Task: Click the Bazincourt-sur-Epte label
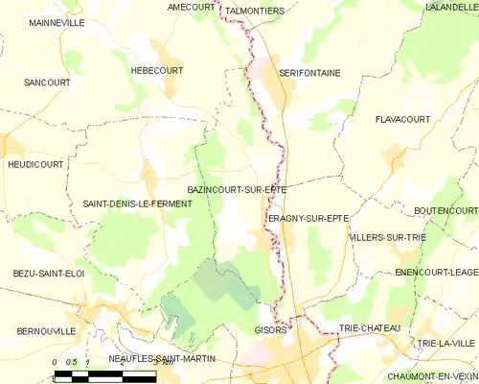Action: coord(237,190)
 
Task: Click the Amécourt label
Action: coord(192,7)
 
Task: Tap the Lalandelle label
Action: coord(451,7)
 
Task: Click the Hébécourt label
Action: coord(156,70)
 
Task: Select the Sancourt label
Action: coord(48,83)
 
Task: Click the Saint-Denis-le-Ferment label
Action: coord(138,204)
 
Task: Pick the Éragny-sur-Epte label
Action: coord(308,219)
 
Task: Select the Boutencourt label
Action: coord(446,210)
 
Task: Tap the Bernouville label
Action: coord(46,331)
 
